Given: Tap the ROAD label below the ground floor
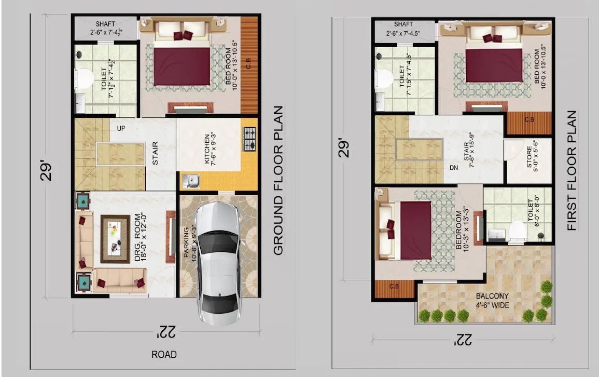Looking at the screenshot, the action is click(x=164, y=355).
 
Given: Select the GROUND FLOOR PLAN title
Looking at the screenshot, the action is click(x=278, y=181).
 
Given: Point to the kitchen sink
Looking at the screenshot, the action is click(x=191, y=181).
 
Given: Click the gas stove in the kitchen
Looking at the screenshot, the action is click(x=249, y=139).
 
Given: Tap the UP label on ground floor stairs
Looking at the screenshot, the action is click(x=121, y=128).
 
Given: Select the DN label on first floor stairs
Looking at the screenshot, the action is click(x=453, y=168).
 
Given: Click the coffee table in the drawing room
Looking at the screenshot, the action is click(x=115, y=239).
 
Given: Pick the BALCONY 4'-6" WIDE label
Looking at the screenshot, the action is click(x=492, y=301).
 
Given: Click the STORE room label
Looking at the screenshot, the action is click(x=532, y=156).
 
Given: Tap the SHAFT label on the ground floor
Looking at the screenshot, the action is click(x=105, y=24).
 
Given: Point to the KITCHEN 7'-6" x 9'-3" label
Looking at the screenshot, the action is click(x=210, y=149).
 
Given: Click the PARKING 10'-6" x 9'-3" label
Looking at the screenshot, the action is click(x=190, y=243).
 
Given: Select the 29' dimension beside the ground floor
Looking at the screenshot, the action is click(x=46, y=171).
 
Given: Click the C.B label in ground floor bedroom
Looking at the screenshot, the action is click(x=249, y=63).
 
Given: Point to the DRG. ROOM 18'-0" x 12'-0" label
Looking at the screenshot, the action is click(x=141, y=237).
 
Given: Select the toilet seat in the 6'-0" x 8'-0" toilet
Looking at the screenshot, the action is click(x=517, y=232).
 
